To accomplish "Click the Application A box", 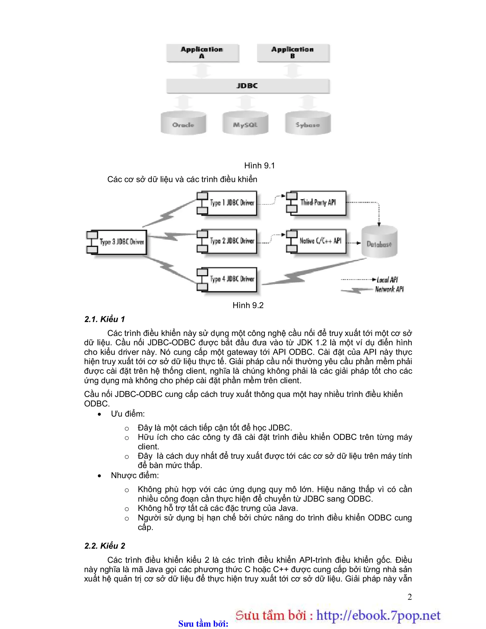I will coord(202,53).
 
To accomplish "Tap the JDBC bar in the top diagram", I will coord(248,86).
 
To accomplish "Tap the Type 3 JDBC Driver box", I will coord(121,242).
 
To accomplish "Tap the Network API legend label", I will coord(389,289).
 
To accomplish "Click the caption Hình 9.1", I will coord(259,166).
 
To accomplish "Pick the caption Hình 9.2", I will coord(248,305).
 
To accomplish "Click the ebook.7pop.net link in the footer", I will coord(378,615).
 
